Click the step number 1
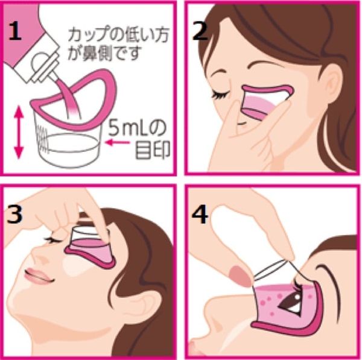(x=19, y=29)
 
